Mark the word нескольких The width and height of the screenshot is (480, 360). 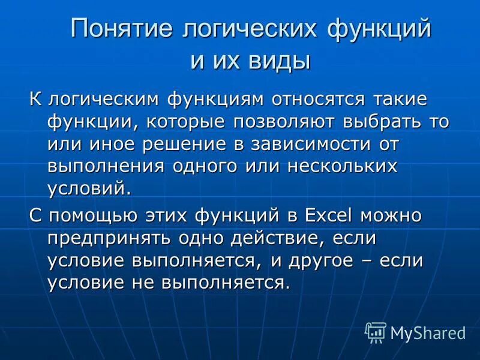[342, 166]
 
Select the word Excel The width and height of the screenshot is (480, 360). [325, 215]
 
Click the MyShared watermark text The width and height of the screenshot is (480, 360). [428, 332]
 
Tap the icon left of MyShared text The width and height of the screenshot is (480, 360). [376, 332]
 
